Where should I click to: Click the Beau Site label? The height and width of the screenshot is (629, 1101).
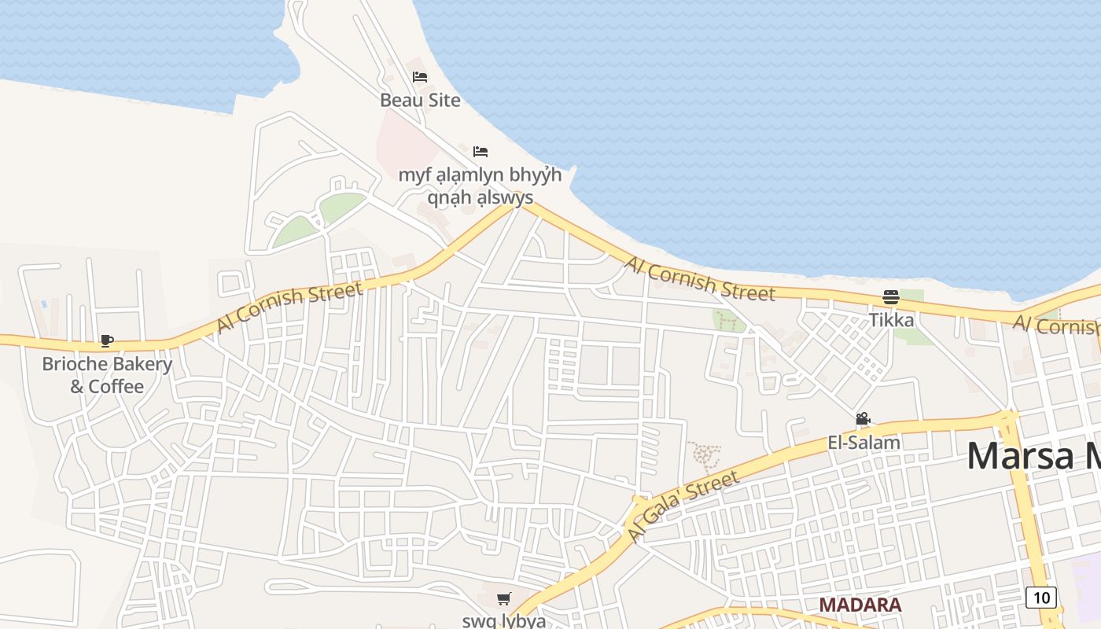pos(420,101)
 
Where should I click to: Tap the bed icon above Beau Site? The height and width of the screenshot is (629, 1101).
pos(420,77)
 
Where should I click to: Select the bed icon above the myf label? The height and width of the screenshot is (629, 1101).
pos(481,151)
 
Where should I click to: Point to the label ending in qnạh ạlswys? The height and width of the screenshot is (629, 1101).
pos(480,186)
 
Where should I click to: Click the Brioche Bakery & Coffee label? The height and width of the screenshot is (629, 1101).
pos(107,375)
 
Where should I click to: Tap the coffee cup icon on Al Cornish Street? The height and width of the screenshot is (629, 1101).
pos(107,340)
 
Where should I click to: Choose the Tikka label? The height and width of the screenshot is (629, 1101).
pos(891,320)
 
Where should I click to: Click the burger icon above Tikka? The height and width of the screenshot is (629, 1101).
pos(891,297)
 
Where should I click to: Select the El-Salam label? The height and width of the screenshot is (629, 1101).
pos(863,443)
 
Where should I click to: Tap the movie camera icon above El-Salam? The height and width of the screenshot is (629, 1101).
pos(863,419)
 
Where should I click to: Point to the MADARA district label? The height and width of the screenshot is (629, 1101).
pos(860,605)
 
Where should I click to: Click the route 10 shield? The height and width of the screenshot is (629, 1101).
pos(1041,598)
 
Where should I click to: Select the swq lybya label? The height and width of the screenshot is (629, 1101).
pos(503,620)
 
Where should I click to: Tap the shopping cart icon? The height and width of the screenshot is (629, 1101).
pos(504,599)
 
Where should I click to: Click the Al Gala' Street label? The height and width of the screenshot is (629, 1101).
pos(684,506)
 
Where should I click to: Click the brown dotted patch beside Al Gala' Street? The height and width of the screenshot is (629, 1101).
pos(705,456)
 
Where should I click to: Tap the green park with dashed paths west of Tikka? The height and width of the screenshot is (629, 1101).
pos(727,321)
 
